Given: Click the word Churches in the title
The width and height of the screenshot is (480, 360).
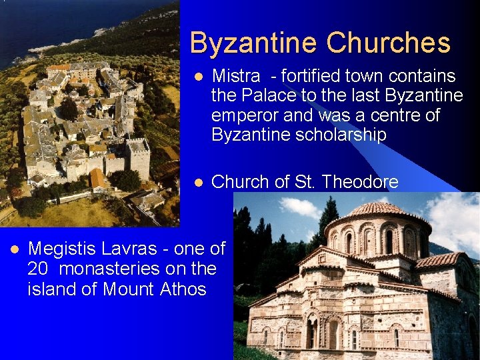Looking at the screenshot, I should (389, 43).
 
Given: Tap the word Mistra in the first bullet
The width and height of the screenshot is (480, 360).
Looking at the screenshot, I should (232, 77).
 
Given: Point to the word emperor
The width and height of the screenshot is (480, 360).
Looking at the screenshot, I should (245, 115).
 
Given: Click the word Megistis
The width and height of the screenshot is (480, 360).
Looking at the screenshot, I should (62, 249).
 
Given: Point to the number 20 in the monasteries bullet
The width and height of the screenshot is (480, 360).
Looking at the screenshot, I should (38, 269).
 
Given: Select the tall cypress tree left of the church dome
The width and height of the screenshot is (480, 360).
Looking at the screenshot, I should (328, 220).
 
